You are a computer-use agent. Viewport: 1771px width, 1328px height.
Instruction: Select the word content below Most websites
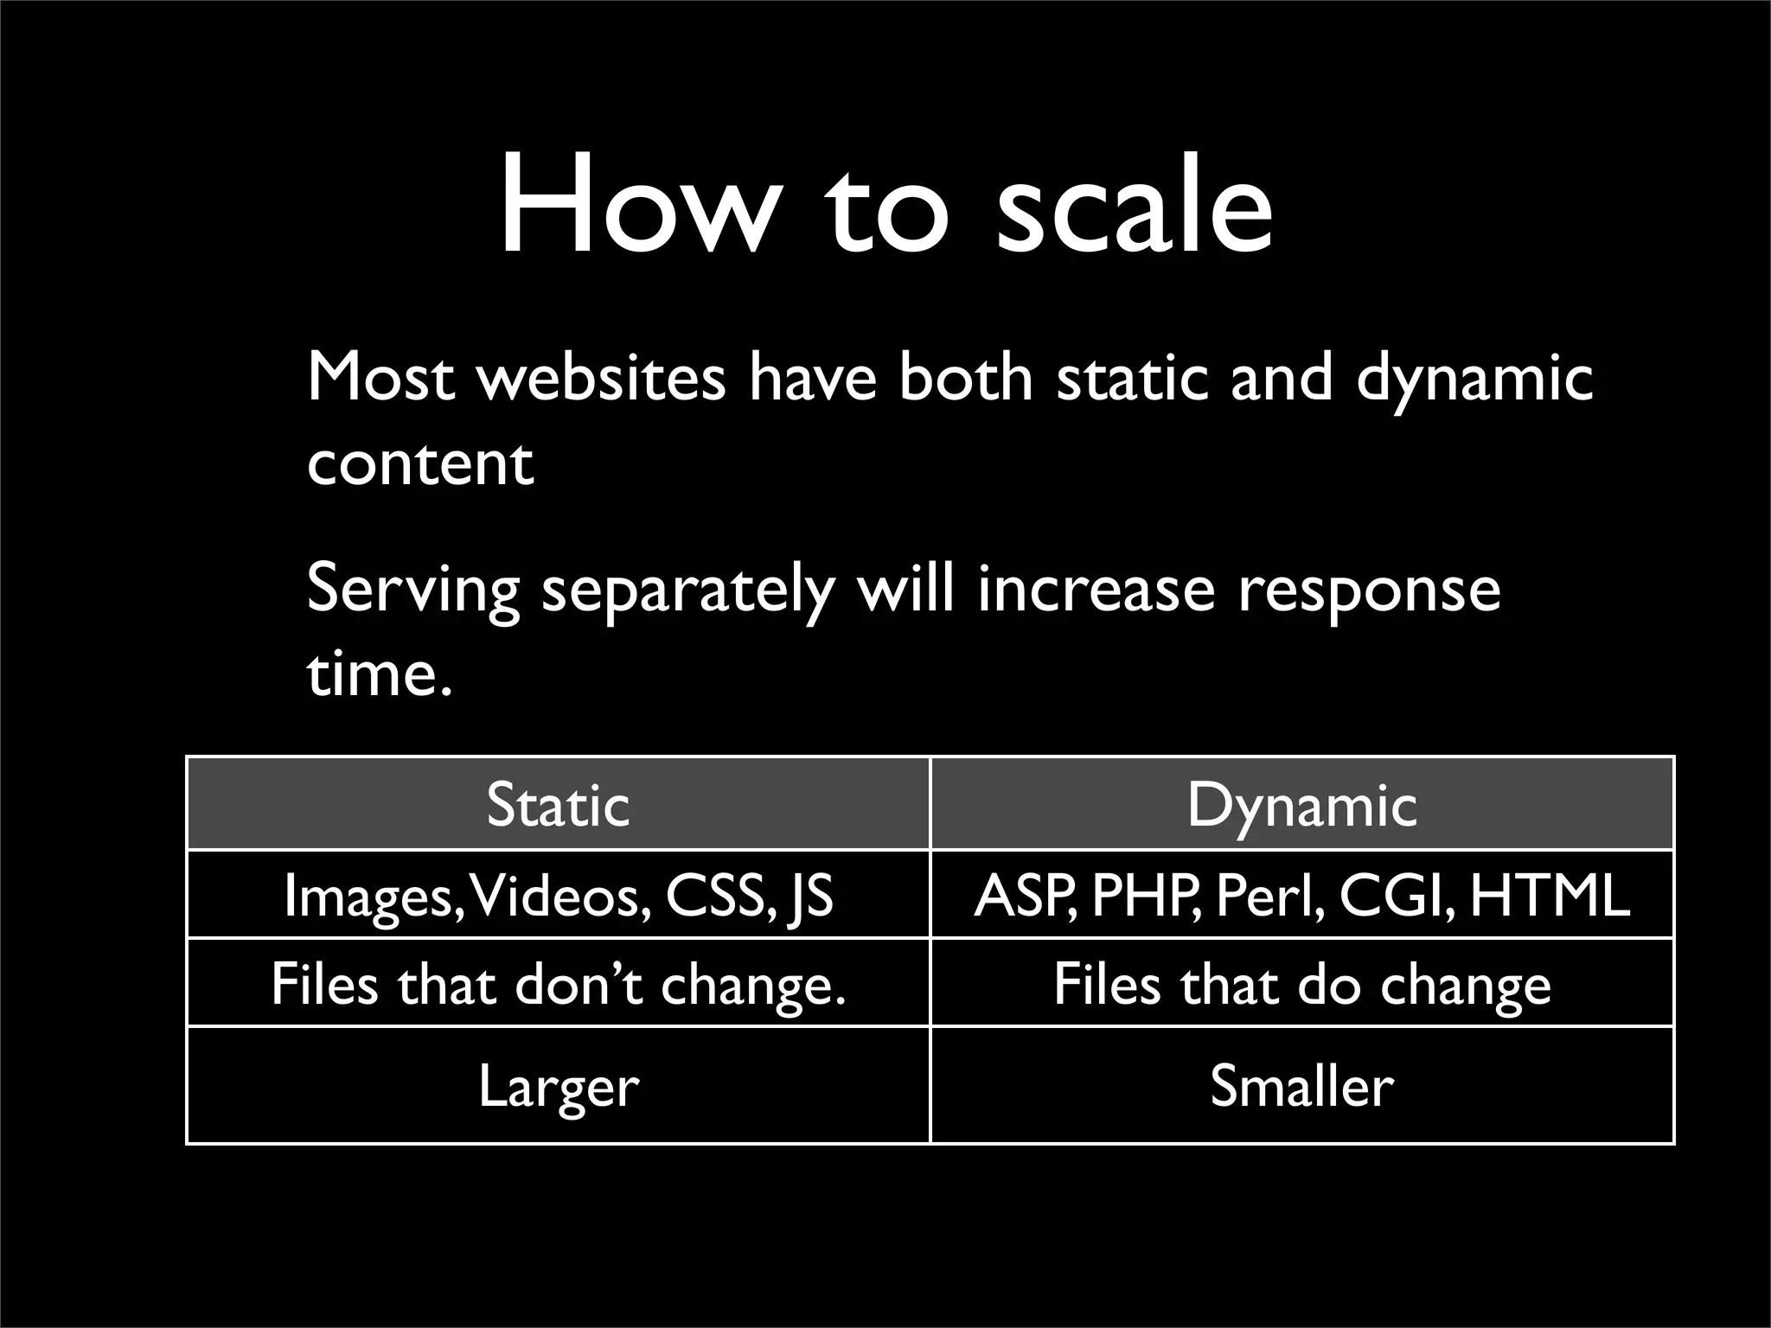[420, 463]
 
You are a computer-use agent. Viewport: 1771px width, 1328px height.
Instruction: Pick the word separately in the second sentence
[688, 591]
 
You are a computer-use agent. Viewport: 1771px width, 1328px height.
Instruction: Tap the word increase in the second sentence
[1097, 590]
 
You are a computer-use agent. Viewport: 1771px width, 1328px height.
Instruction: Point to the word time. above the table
[380, 674]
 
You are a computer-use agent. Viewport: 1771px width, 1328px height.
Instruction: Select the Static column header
[558, 805]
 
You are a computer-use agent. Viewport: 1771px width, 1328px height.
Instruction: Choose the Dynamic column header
[1301, 805]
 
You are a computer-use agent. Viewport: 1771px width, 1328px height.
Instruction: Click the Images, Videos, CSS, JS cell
[558, 896]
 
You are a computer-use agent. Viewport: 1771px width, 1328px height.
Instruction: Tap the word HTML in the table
[1550, 896]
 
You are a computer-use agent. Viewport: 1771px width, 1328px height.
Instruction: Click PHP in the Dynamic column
[1145, 896]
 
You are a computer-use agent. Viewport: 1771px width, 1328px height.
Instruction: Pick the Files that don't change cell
[558, 984]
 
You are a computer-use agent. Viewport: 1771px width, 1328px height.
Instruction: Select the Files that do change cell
[1301, 984]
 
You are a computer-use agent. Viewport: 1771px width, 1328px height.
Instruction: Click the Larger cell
[558, 1086]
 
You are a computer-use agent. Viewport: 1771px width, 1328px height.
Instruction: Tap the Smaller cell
[1301, 1086]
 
